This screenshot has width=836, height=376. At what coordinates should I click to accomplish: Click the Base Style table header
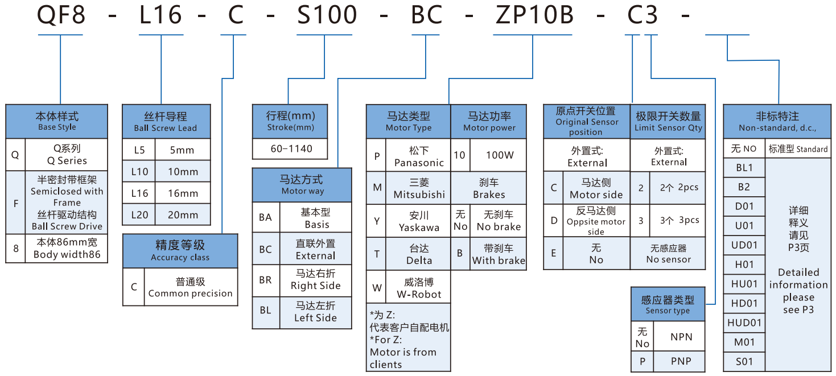coord(57,121)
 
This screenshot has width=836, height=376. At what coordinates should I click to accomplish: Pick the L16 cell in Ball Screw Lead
coord(139,193)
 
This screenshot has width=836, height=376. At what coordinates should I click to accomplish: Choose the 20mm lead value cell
coord(183,215)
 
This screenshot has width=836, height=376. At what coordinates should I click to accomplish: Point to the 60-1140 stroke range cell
coord(291,148)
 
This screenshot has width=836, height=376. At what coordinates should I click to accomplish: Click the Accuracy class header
coord(180,251)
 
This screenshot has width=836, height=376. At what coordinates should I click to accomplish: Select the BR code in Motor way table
coord(266,280)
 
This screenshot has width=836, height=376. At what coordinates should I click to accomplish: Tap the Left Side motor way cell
coord(315,312)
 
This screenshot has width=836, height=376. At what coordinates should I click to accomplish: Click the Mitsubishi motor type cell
coord(419,189)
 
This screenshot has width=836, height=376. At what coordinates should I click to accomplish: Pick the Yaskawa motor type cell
coord(419,221)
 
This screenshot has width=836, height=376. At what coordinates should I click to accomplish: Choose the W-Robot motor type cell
coord(419,288)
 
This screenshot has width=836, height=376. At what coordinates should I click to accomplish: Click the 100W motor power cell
coord(499,155)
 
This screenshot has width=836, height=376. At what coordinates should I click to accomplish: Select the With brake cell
coord(499,254)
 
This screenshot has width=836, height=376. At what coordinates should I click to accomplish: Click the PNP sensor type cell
coord(681,361)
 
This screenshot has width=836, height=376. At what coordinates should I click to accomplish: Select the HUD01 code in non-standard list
coord(744,323)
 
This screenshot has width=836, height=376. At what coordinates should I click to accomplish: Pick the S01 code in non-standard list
coord(744,361)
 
